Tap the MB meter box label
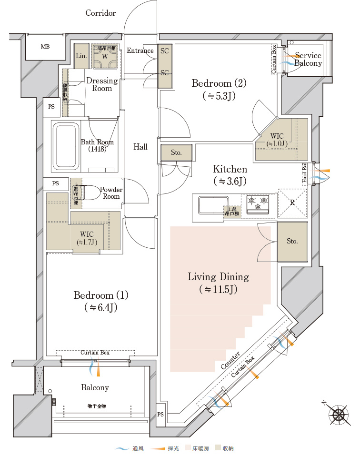click(x=45, y=47)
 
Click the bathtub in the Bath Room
click(x=65, y=146)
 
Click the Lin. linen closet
click(x=81, y=56)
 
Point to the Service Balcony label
click(x=308, y=59)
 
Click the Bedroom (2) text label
click(x=219, y=83)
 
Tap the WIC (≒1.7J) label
click(x=87, y=238)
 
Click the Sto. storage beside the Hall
click(x=176, y=153)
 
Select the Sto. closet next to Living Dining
click(x=292, y=241)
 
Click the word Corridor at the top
click(x=100, y=13)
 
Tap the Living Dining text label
click(x=218, y=277)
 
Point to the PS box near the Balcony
click(x=160, y=415)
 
